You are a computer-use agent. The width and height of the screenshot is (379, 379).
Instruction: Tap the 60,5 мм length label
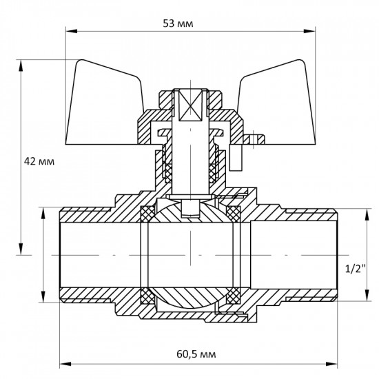tap(195, 354)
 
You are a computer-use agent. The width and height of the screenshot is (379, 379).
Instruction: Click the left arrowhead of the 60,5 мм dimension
tap(65, 365)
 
